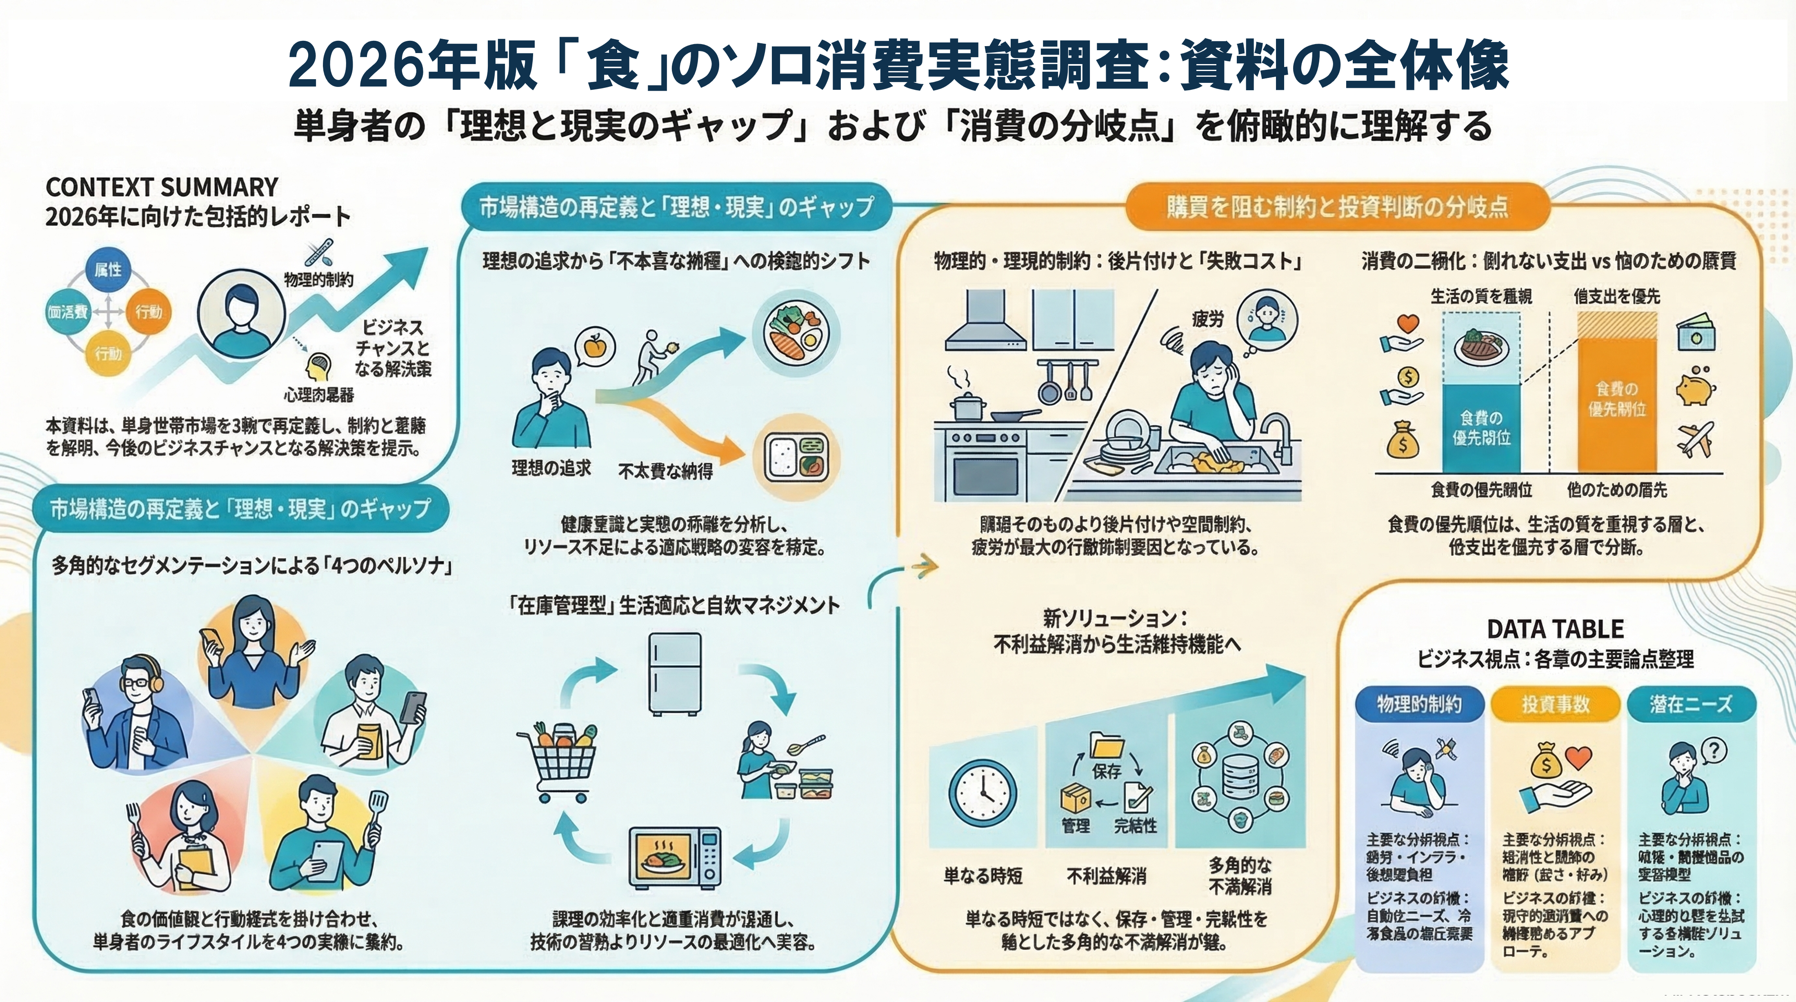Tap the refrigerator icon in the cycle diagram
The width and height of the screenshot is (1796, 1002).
(674, 673)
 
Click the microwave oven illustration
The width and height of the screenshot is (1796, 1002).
(675, 857)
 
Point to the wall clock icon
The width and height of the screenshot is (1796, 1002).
(982, 793)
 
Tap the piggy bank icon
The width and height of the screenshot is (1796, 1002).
(1696, 386)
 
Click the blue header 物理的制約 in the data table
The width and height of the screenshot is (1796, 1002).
(1419, 704)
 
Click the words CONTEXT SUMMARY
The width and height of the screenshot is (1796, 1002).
(162, 188)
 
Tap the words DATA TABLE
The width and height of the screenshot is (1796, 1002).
(1555, 629)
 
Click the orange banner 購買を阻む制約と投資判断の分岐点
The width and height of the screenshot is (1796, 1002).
(1337, 207)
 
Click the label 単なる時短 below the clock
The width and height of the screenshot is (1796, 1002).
(982, 876)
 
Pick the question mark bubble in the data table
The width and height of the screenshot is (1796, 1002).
(1714, 751)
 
